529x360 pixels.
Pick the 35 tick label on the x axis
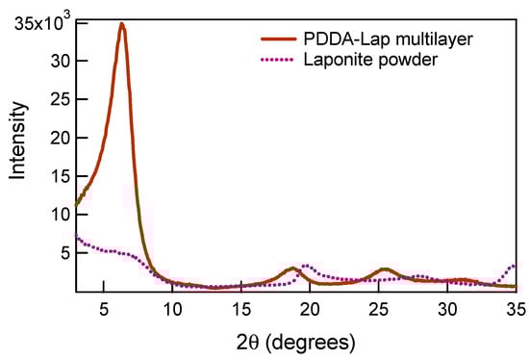[515, 309]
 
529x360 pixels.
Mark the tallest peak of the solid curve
[121, 24]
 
